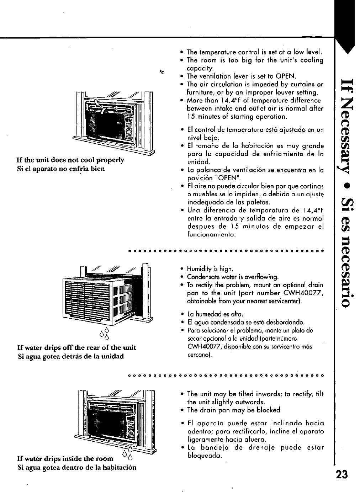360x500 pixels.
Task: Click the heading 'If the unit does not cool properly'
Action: click(71, 160)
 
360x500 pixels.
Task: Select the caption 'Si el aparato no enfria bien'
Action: click(61, 169)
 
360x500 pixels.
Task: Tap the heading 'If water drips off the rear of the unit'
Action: click(77, 347)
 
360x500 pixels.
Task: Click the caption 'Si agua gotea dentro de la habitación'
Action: click(77, 467)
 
